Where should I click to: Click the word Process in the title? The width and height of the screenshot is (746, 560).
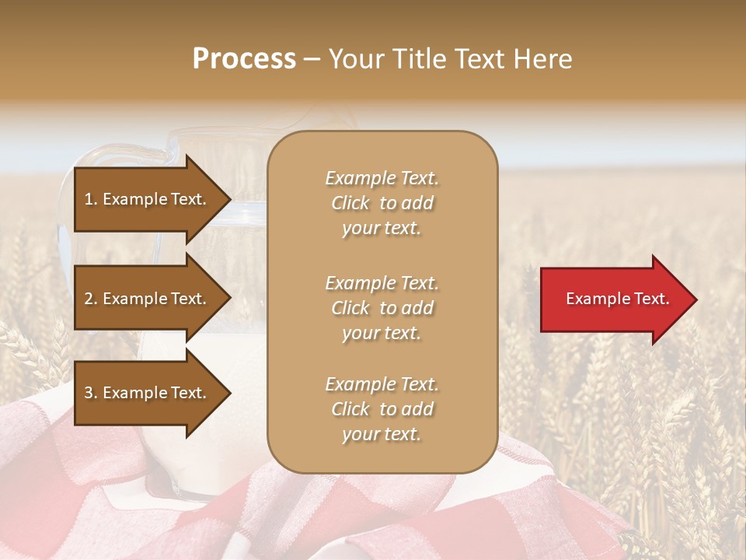(x=244, y=59)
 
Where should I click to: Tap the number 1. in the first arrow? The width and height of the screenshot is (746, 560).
(x=91, y=199)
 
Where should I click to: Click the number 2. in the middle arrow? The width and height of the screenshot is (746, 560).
(x=91, y=299)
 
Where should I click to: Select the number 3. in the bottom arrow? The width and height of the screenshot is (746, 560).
(x=91, y=393)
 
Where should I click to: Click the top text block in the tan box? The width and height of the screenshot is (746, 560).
(x=382, y=203)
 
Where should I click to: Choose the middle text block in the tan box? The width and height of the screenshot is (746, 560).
(x=382, y=308)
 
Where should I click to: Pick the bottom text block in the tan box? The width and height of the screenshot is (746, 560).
(x=382, y=409)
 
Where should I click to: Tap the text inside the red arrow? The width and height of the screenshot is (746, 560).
(x=618, y=299)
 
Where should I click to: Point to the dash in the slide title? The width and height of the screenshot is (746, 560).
(x=312, y=59)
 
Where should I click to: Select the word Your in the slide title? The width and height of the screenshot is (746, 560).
(x=356, y=59)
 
